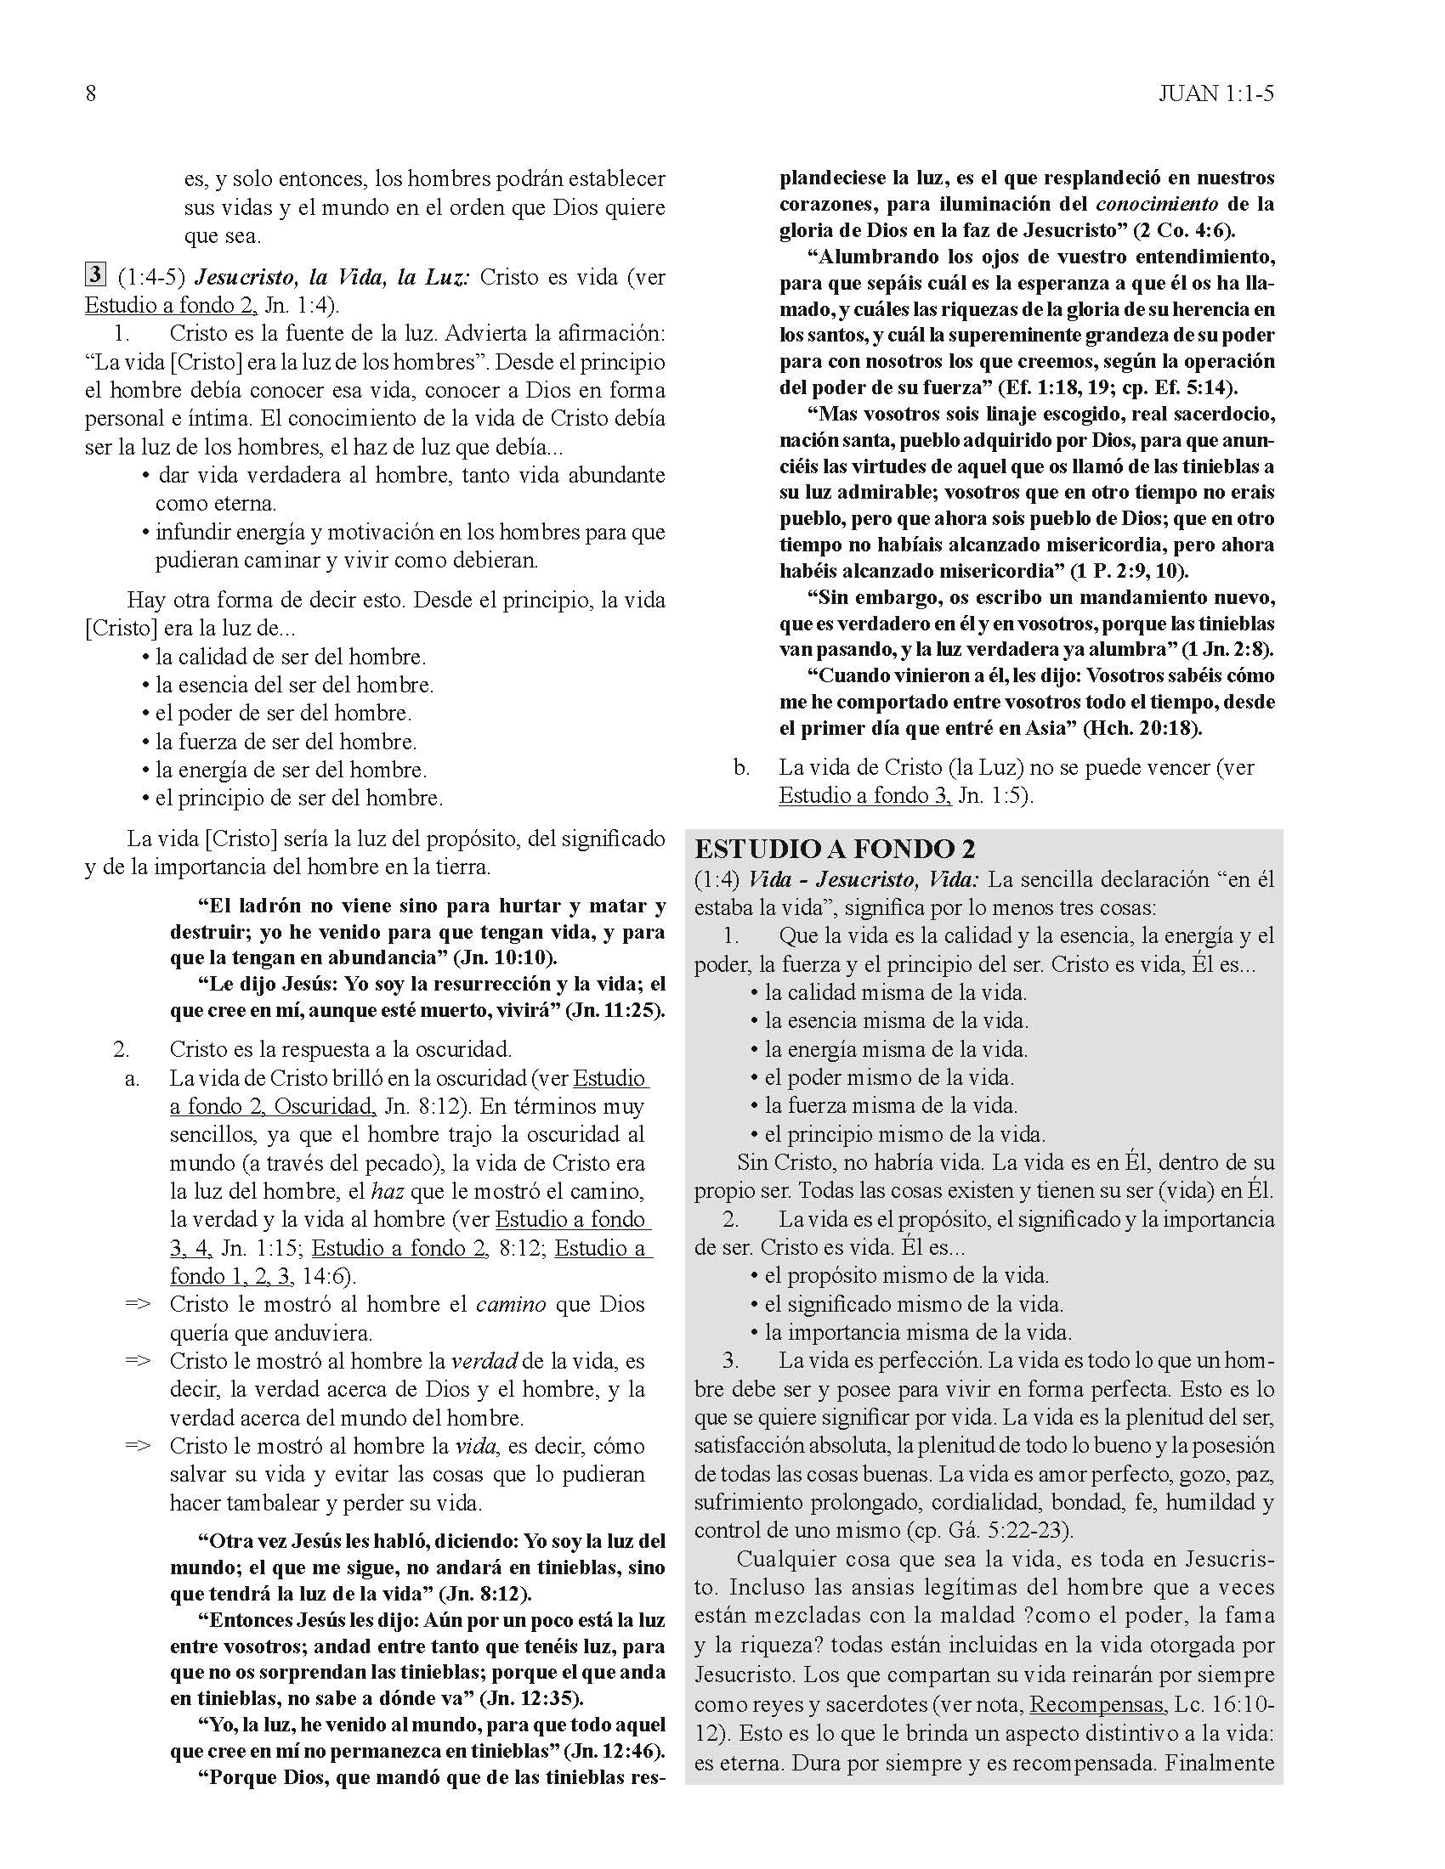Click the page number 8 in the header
tap(91, 93)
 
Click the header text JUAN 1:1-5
tap(1215, 93)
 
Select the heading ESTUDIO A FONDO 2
tap(835, 849)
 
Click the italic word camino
tap(511, 1305)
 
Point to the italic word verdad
tap(484, 1362)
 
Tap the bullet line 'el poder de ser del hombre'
tap(282, 713)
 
